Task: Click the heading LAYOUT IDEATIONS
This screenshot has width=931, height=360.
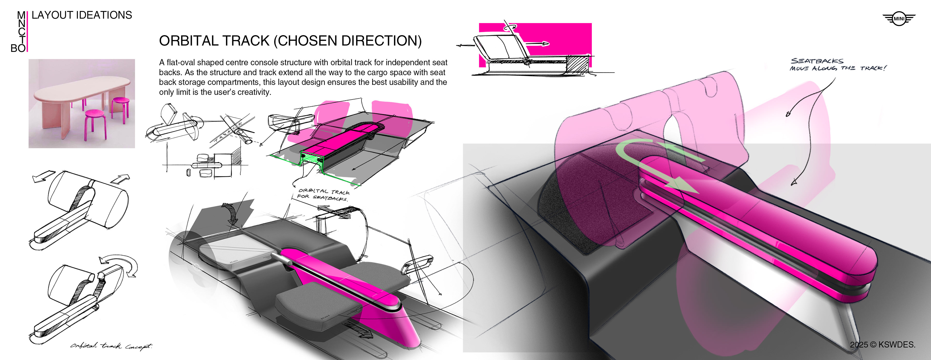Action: (x=82, y=15)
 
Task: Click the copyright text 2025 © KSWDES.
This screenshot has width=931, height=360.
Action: (x=883, y=344)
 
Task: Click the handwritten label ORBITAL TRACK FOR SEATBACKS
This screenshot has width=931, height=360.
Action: (x=323, y=195)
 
